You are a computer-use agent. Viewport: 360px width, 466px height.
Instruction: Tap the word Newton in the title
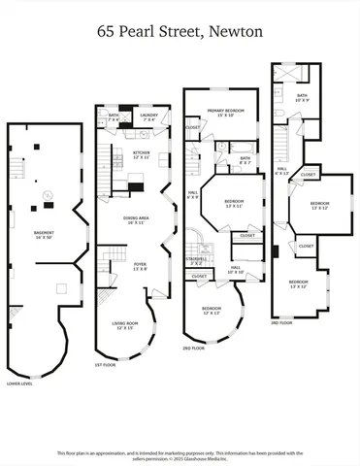click(x=237, y=31)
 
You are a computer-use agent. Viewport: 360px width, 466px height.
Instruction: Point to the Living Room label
click(x=126, y=326)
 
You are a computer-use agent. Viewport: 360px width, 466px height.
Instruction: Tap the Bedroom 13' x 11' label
click(x=234, y=203)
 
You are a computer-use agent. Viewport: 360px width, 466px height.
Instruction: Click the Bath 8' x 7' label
click(x=245, y=159)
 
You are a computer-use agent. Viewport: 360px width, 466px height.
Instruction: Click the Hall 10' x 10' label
click(x=236, y=269)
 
